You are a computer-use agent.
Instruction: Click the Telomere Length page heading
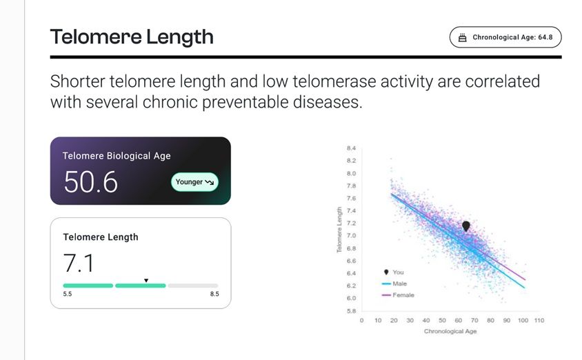pyautogui.click(x=132, y=37)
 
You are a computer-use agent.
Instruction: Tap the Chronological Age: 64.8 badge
pyautogui.click(x=505, y=37)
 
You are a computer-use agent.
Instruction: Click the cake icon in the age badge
pyautogui.click(x=462, y=37)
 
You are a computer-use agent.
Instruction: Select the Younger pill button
pyautogui.click(x=194, y=182)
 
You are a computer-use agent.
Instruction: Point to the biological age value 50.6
pyautogui.click(x=90, y=182)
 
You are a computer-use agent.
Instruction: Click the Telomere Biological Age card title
pyautogui.click(x=117, y=156)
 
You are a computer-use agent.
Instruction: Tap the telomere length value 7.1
pyautogui.click(x=79, y=263)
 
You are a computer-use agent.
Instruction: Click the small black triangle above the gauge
pyautogui.click(x=146, y=281)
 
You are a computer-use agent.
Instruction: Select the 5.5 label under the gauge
pyautogui.click(x=68, y=294)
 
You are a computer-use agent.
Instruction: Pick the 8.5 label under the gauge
pyautogui.click(x=214, y=294)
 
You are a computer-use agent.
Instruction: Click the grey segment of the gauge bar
pyautogui.click(x=193, y=286)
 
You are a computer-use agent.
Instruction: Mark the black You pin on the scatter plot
pyautogui.click(x=466, y=226)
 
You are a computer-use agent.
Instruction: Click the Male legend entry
pyautogui.click(x=394, y=283)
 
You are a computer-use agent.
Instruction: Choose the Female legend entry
pyautogui.click(x=398, y=295)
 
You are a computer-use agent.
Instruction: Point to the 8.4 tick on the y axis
pyautogui.click(x=351, y=148)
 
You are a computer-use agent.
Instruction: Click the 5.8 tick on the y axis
pyautogui.click(x=351, y=310)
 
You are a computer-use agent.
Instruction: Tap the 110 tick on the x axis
pyautogui.click(x=539, y=320)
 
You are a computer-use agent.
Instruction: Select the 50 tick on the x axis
pyautogui.click(x=442, y=320)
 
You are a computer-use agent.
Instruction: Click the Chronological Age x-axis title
pyautogui.click(x=450, y=331)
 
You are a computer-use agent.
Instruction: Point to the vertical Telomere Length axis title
pyautogui.click(x=339, y=230)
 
